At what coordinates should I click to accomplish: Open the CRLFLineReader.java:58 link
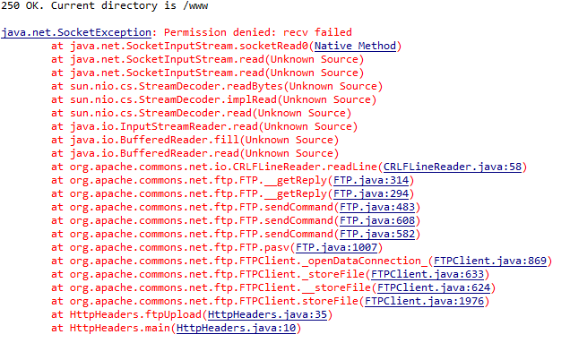pos(453,167)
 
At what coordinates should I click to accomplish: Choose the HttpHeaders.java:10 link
pos(237,329)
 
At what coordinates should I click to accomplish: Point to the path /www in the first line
pos(196,6)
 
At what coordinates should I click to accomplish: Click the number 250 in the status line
pos(11,6)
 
